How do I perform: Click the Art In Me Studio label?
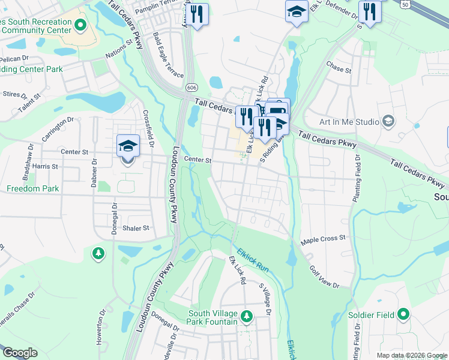[349, 122]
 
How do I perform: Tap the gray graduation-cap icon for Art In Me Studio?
[388, 122]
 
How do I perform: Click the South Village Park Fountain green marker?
[246, 316]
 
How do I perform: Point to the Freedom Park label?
[32, 188]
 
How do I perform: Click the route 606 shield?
[191, 88]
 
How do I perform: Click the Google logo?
[19, 353]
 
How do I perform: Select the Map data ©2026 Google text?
[412, 355]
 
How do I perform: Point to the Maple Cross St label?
[324, 238]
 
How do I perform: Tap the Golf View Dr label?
[325, 275]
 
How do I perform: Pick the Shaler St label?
[135, 228]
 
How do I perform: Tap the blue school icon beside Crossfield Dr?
[128, 146]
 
